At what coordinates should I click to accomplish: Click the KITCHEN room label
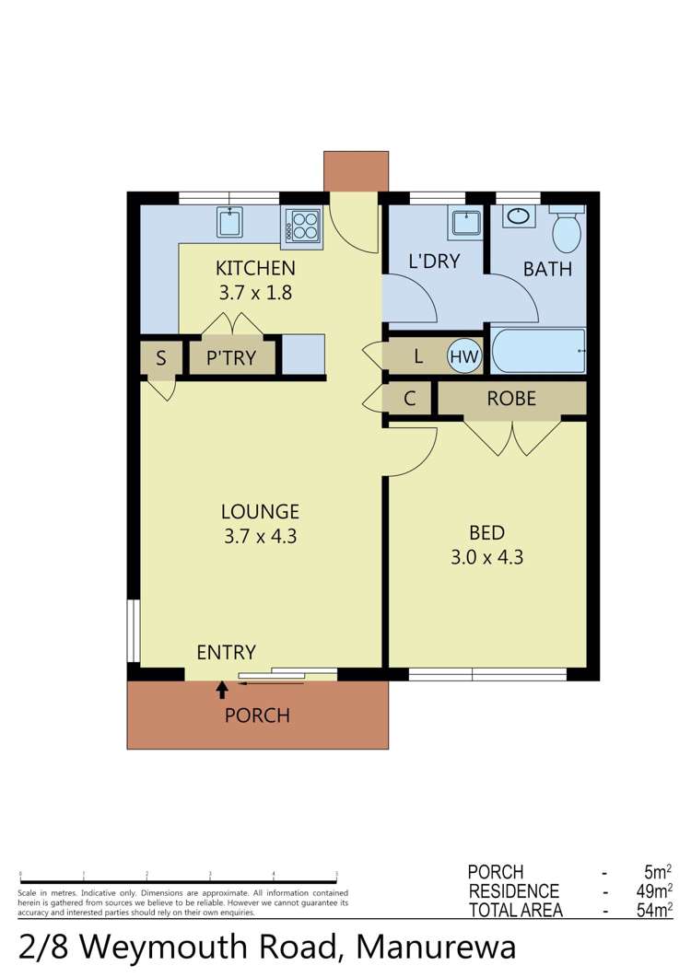click(255, 269)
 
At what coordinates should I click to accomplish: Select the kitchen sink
click(229, 222)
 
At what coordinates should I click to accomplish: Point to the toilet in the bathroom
click(566, 229)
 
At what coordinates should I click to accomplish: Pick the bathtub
click(538, 351)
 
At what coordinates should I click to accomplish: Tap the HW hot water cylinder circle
click(464, 356)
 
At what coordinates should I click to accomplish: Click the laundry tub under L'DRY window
click(465, 223)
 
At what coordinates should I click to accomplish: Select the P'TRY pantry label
click(230, 358)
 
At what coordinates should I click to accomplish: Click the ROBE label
click(511, 399)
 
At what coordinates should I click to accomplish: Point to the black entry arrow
click(222, 690)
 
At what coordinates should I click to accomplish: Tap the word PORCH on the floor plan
click(257, 715)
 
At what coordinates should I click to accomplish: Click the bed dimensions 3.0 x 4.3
click(486, 556)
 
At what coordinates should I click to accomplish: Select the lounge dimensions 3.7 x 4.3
click(260, 535)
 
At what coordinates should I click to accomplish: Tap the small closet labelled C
click(411, 399)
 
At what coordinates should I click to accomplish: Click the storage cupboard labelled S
click(161, 358)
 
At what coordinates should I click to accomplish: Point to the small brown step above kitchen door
click(351, 171)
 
